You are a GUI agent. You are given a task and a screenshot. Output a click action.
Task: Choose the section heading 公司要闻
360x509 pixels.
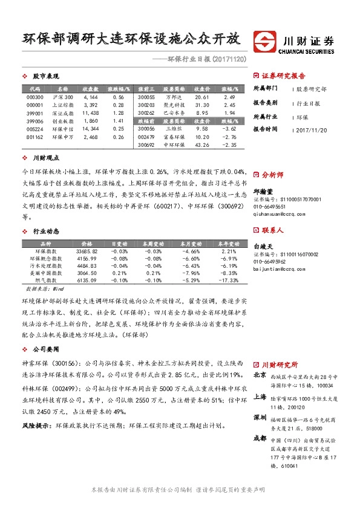[46, 349]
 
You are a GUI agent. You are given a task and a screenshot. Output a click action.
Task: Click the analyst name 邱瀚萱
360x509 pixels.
[261, 190]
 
